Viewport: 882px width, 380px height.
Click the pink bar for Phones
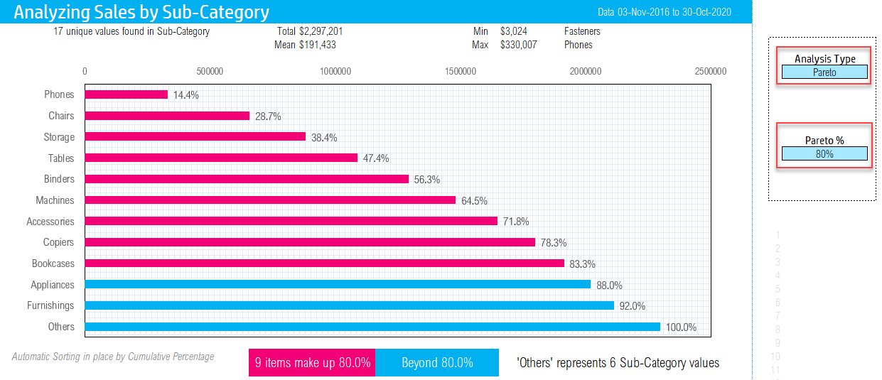coord(127,94)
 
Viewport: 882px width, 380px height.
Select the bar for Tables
coord(221,158)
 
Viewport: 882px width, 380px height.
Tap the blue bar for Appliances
coord(338,284)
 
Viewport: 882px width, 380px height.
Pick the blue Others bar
coord(372,327)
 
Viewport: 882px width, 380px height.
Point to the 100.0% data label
coord(681,327)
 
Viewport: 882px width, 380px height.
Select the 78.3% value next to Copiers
coord(554,243)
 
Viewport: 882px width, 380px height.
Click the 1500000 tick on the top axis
coord(461,71)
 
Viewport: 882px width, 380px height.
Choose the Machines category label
coord(55,200)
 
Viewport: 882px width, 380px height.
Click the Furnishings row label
coord(50,305)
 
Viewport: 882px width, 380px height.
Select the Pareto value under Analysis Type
coord(824,72)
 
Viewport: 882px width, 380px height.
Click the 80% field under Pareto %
coord(824,153)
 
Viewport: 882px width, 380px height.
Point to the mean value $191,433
coord(318,45)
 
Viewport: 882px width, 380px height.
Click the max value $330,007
coord(518,45)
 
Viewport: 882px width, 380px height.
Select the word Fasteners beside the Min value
coord(582,31)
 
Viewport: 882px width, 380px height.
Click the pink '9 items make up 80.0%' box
coord(312,363)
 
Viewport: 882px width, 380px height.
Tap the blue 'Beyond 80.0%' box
coord(437,363)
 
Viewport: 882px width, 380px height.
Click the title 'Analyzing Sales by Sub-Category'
coord(141,12)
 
